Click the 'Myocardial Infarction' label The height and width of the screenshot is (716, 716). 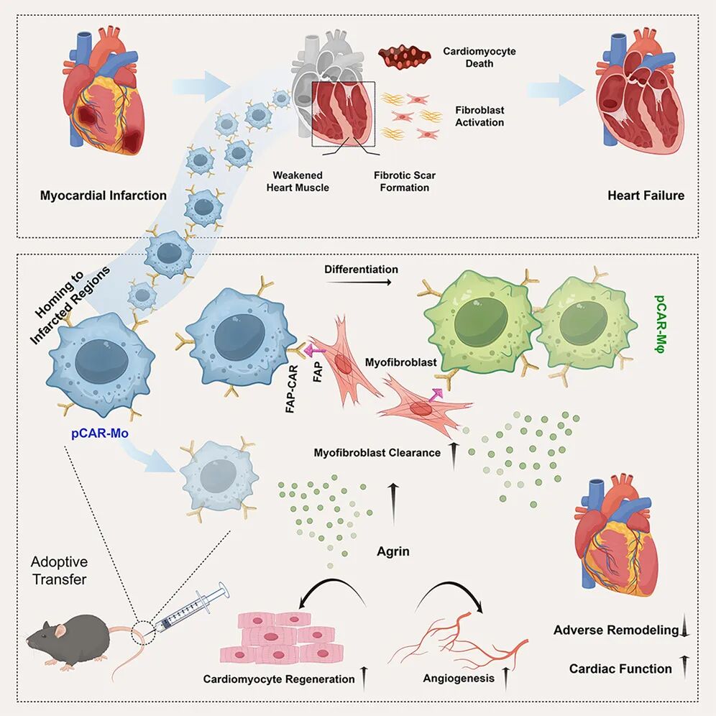pyautogui.click(x=104, y=196)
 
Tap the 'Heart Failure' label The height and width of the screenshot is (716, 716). pyautogui.click(x=646, y=196)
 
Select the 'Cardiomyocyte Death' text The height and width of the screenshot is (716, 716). pyautogui.click(x=479, y=57)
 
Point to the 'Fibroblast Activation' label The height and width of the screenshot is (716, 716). pyautogui.click(x=479, y=116)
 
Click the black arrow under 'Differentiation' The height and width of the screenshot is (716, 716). pyautogui.click(x=359, y=283)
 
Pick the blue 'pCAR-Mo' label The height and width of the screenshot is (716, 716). pyautogui.click(x=99, y=433)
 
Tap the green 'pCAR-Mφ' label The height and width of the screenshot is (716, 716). pyautogui.click(x=661, y=324)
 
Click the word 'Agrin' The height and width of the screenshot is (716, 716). pyautogui.click(x=393, y=551)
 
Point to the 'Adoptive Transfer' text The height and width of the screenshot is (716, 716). pyautogui.click(x=60, y=570)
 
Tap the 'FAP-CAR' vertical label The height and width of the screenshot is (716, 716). pyautogui.click(x=291, y=389)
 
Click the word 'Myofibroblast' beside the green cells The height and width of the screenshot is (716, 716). pyautogui.click(x=401, y=362)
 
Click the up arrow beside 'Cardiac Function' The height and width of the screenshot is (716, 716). pyautogui.click(x=684, y=666)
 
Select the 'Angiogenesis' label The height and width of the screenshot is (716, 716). pyautogui.click(x=459, y=678)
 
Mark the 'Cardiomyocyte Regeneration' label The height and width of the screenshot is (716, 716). pyautogui.click(x=278, y=679)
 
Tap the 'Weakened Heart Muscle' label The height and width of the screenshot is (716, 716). pyautogui.click(x=298, y=181)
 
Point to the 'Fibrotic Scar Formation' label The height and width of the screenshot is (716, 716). pyautogui.click(x=405, y=181)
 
